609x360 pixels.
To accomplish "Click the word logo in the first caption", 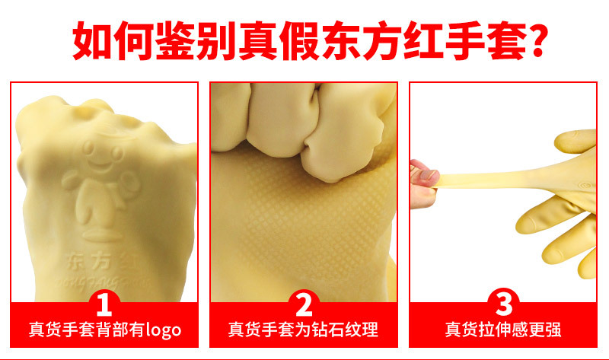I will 160,330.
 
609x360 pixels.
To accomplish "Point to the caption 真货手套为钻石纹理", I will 304,330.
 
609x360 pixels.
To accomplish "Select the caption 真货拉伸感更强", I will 503,330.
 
